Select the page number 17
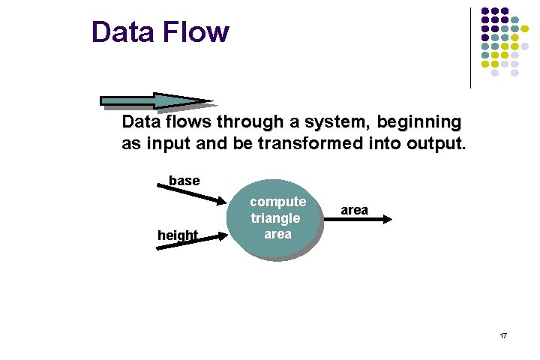(503, 335)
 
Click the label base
(184, 181)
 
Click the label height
(178, 235)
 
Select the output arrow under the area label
(363, 219)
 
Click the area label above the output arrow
(354, 210)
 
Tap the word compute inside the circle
(277, 202)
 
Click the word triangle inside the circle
(275, 218)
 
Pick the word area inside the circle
(277, 234)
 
